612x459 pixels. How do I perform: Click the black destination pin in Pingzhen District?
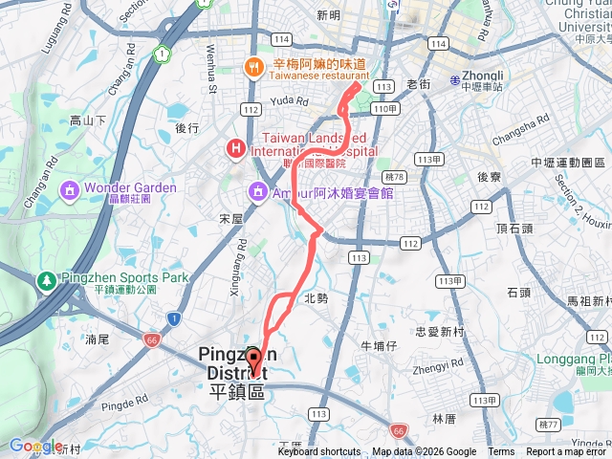tap(253, 361)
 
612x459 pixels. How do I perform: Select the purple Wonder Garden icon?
tap(69, 188)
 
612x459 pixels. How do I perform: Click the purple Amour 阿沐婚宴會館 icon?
tap(258, 191)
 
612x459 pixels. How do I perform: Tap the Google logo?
tap(36, 446)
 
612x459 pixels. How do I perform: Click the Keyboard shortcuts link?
tap(318, 452)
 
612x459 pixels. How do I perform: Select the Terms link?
tap(501, 452)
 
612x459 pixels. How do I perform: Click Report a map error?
tap(567, 452)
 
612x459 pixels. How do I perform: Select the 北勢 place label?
tap(316, 298)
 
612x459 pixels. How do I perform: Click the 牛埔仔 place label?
tap(378, 345)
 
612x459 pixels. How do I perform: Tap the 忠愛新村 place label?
tap(440, 332)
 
